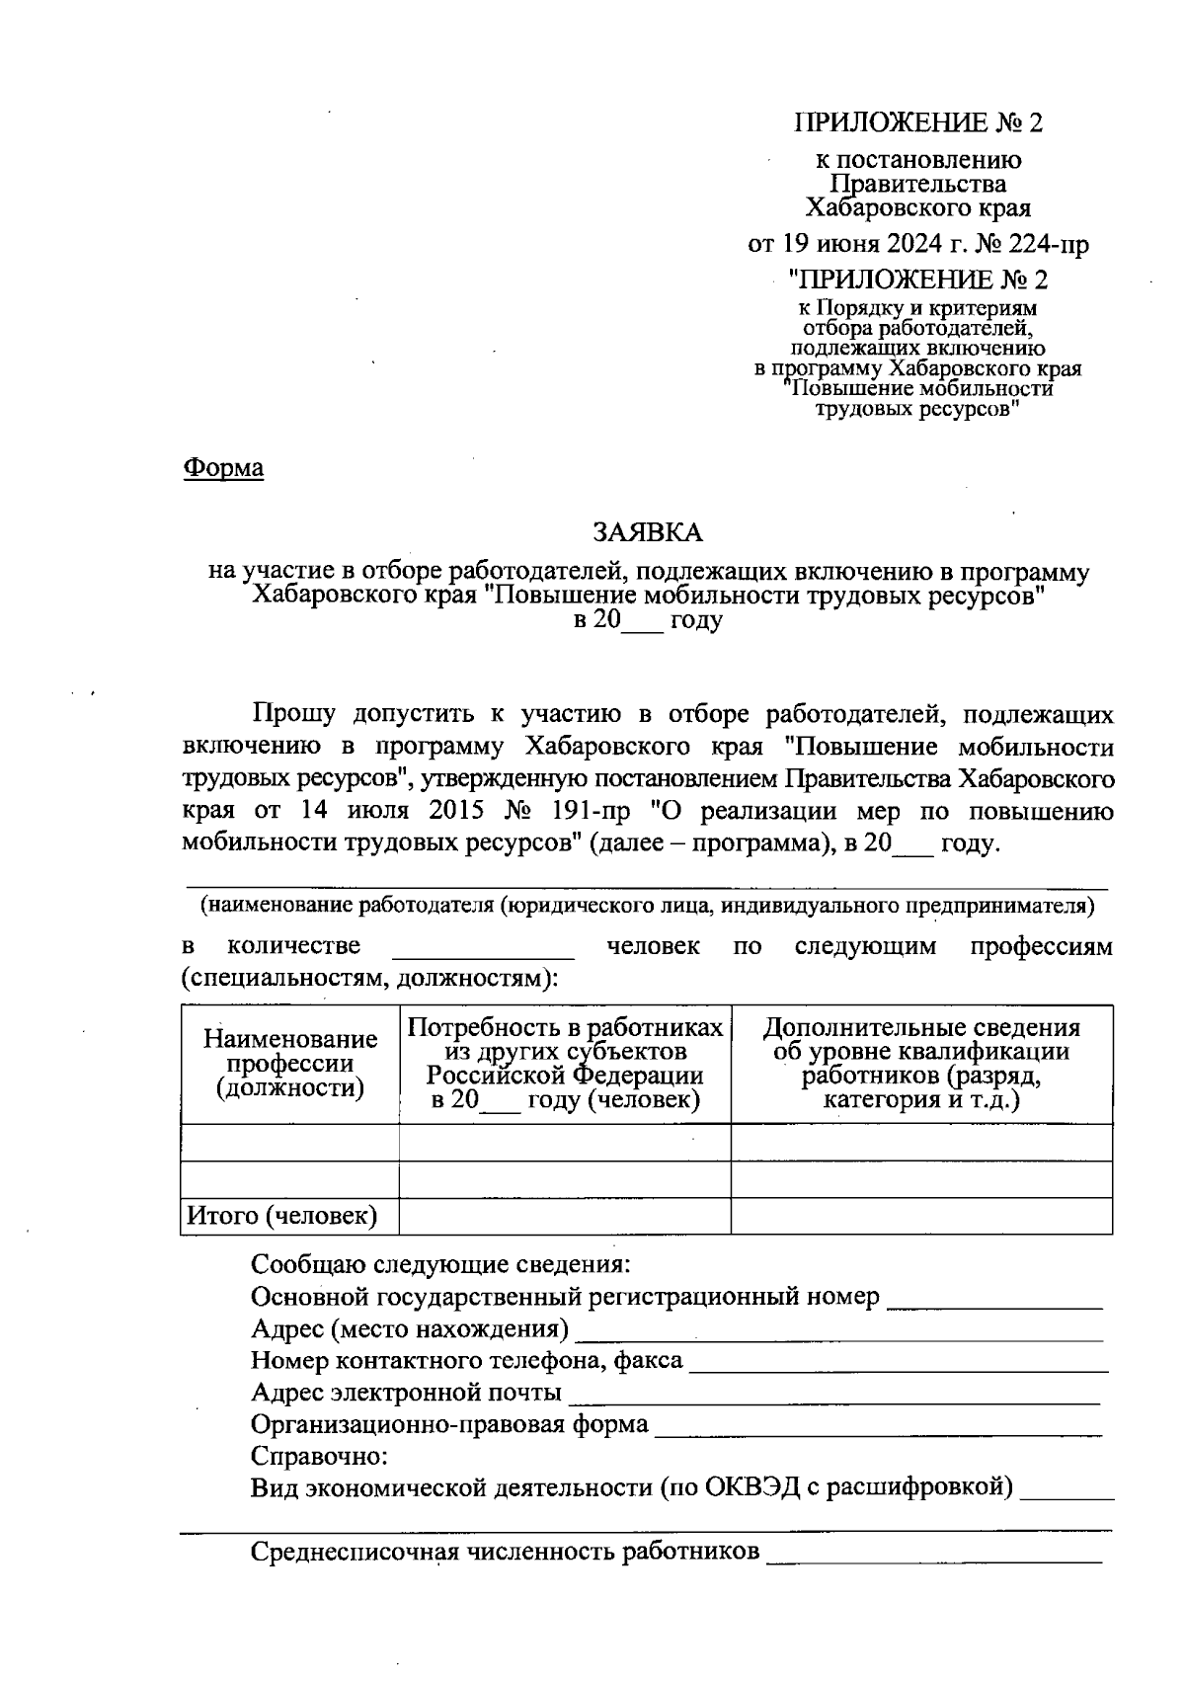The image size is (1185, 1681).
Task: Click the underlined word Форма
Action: tap(224, 467)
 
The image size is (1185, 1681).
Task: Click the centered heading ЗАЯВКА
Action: tap(647, 532)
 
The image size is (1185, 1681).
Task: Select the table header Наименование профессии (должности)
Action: tap(290, 1064)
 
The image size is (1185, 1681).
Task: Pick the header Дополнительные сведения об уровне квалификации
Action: tap(920, 1064)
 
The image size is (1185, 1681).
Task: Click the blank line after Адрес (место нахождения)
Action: tap(838, 1331)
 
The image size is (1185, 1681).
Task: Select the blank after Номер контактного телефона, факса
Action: tap(898, 1363)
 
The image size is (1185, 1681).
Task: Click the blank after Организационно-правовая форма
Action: tap(878, 1426)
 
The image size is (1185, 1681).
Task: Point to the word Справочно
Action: tap(319, 1457)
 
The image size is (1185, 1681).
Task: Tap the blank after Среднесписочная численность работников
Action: tap(934, 1554)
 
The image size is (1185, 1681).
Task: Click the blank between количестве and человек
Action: tap(483, 948)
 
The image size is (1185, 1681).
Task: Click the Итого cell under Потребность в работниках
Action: tap(565, 1216)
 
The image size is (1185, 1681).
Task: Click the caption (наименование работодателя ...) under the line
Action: tap(647, 905)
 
